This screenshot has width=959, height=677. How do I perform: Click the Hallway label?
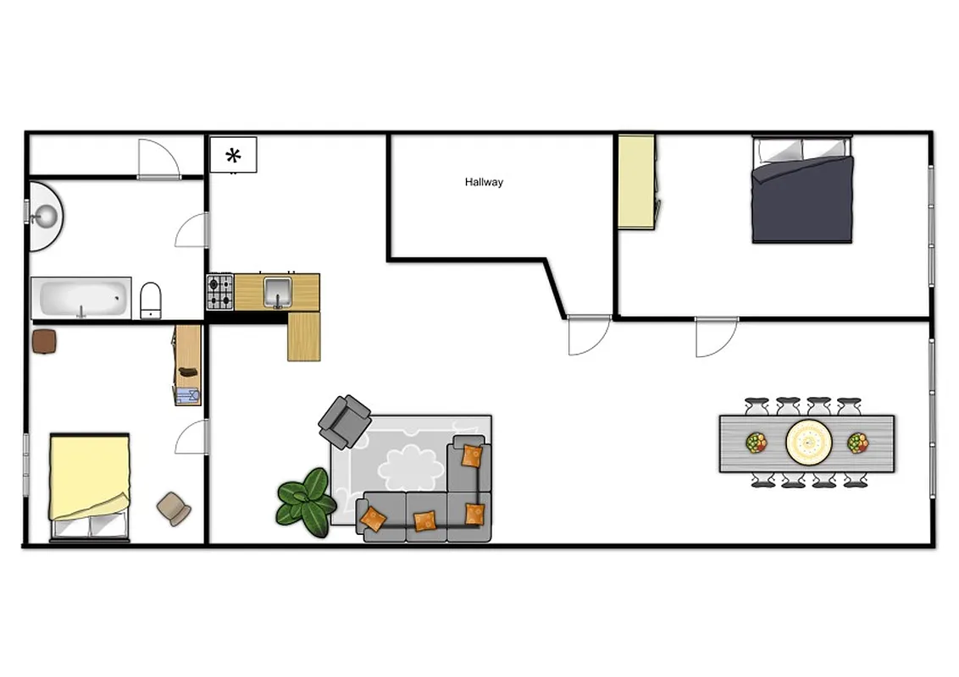coord(484,182)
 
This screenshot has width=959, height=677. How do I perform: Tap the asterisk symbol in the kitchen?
coord(233,156)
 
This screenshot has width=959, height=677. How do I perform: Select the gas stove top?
coord(220,292)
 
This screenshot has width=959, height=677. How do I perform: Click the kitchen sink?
coord(277,291)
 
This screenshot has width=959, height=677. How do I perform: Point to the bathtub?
coord(81,298)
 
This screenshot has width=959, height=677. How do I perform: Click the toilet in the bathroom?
coord(151,300)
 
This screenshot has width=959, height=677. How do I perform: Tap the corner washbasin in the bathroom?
coord(47,215)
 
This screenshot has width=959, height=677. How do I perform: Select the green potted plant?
coord(305,502)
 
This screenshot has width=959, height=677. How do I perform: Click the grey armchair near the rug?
coord(345,420)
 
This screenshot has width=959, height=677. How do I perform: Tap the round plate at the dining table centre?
coord(808,441)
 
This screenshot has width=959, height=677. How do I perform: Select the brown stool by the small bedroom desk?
coord(44,341)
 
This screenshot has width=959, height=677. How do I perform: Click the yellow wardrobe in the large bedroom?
coord(635,181)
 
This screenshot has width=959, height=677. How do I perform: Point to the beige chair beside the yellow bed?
coord(174,508)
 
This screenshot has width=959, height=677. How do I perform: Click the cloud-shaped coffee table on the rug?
coord(411,466)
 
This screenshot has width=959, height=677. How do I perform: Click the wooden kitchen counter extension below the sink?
coord(304,336)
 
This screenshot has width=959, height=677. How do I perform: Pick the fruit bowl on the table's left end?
coord(756,442)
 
